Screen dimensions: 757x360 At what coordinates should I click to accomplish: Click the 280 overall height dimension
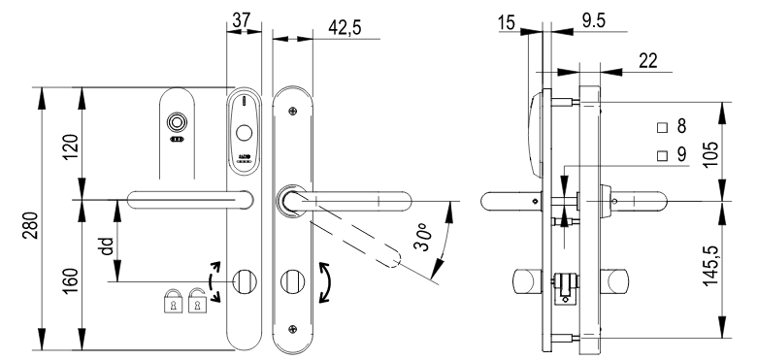(x=29, y=225)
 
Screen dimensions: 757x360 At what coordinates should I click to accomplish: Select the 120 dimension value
(x=70, y=147)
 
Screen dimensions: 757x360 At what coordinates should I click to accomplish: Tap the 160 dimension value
(x=70, y=279)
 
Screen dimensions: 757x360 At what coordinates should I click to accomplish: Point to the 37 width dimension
(x=242, y=19)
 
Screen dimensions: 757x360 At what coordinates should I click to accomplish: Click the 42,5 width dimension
(x=345, y=27)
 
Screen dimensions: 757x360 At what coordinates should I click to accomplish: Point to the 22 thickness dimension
(x=648, y=61)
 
